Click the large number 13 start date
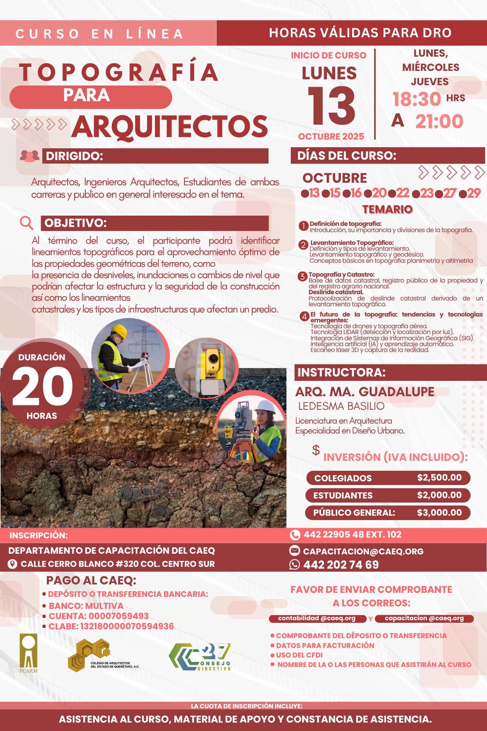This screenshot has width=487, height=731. [331, 106]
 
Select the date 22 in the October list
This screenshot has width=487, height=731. [403, 193]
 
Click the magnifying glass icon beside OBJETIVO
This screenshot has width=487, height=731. [26, 222]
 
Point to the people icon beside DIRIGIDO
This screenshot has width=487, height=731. [30, 156]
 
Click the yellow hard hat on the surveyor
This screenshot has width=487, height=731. [119, 331]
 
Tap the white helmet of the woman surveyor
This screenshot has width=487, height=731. [265, 406]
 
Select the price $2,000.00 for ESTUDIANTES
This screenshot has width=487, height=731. [439, 495]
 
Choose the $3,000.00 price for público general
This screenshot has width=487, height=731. [439, 512]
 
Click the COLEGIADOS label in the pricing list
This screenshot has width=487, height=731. [343, 478]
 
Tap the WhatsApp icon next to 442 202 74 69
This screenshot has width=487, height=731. [294, 565]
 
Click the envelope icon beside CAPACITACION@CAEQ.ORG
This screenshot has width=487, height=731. [294, 550]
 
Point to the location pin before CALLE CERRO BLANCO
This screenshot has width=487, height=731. [12, 564]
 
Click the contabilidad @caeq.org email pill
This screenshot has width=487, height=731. [317, 618]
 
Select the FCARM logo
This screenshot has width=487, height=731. [28, 653]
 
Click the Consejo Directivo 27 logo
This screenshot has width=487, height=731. [200, 657]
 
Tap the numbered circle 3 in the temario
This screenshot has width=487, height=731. [302, 276]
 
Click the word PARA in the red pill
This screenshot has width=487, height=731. [87, 96]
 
